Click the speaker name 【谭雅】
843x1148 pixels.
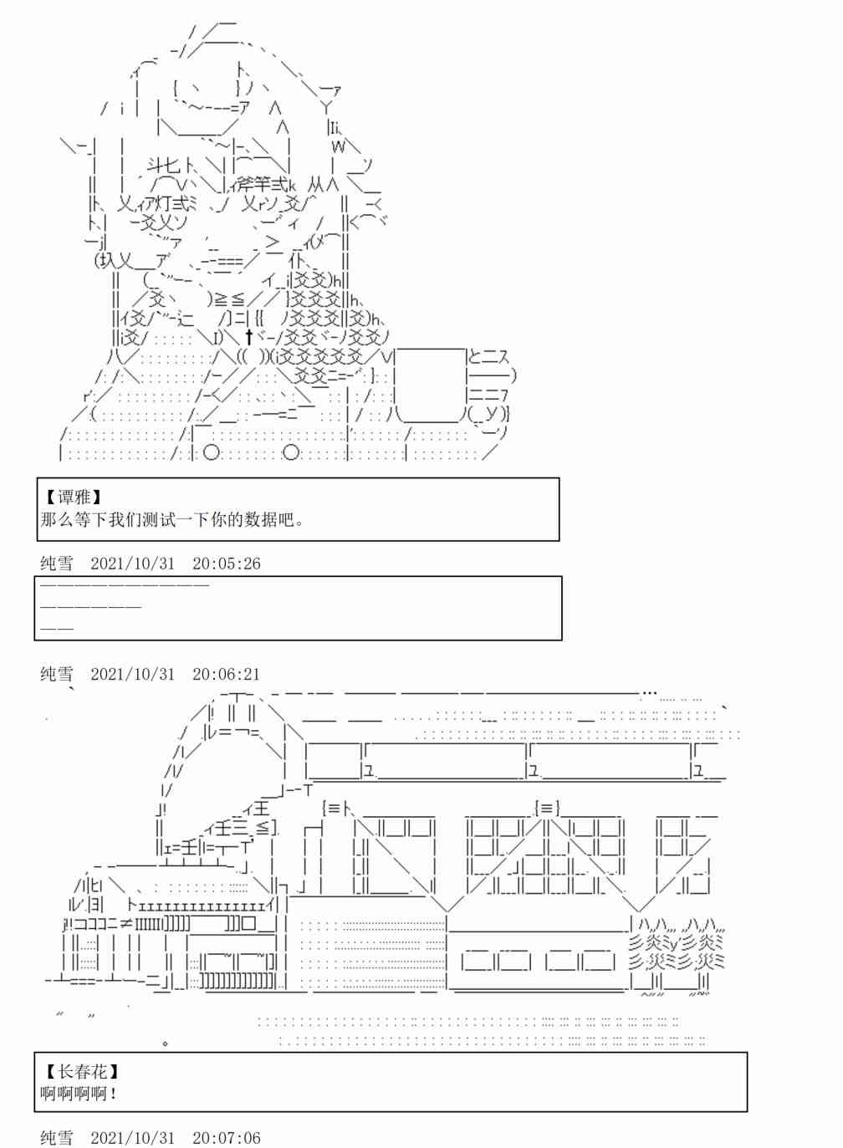tap(75, 497)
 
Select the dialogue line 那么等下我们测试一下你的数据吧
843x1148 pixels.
tap(171, 519)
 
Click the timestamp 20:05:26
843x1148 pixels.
tap(226, 564)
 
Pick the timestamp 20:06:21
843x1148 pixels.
tap(226, 674)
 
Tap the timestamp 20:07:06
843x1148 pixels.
tap(226, 1138)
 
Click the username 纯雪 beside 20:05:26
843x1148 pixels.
tap(57, 564)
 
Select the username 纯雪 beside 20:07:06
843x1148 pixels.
tap(57, 1138)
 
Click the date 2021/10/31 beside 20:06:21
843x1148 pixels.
tap(133, 674)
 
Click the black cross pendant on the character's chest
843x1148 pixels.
tap(249, 337)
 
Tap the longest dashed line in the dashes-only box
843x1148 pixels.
tap(124, 585)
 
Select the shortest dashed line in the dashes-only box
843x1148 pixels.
tap(57, 627)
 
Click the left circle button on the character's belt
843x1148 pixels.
tap(212, 452)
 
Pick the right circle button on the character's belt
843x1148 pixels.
tap(291, 452)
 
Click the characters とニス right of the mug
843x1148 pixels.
tap(488, 357)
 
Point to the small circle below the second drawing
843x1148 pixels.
tap(166, 1043)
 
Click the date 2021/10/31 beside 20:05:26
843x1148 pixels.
tap(133, 564)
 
